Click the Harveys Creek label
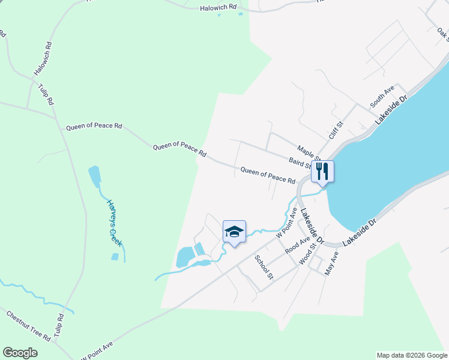[x=114, y=223]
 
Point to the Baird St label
[x=300, y=163]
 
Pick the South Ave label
[x=382, y=97]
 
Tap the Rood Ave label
[x=297, y=245]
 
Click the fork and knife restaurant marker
[x=322, y=172]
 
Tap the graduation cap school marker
[x=234, y=232]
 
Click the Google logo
[x=20, y=353]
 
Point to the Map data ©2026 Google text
[x=411, y=355]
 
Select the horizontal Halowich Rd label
[x=218, y=7]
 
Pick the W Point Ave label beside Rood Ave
[x=287, y=223]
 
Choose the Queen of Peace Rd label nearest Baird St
[x=268, y=176]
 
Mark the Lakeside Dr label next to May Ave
[x=360, y=232]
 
